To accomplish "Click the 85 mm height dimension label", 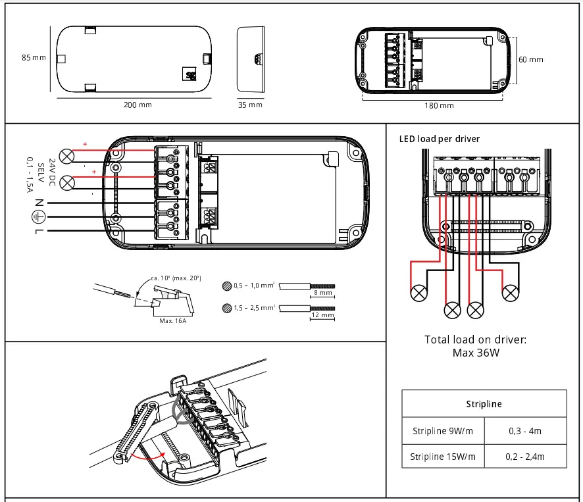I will [34, 58].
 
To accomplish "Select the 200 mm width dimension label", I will [138, 105].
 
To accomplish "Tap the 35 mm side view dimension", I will [250, 105].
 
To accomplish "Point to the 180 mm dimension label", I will [439, 105].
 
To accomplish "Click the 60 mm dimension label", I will [531, 59].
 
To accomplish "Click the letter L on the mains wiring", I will [39, 232].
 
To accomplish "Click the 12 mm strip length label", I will [322, 315].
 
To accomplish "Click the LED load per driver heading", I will [440, 139].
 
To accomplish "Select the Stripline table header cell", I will [484, 403].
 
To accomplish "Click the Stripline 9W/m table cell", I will [443, 432].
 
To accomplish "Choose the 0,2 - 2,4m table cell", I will [524, 456].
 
